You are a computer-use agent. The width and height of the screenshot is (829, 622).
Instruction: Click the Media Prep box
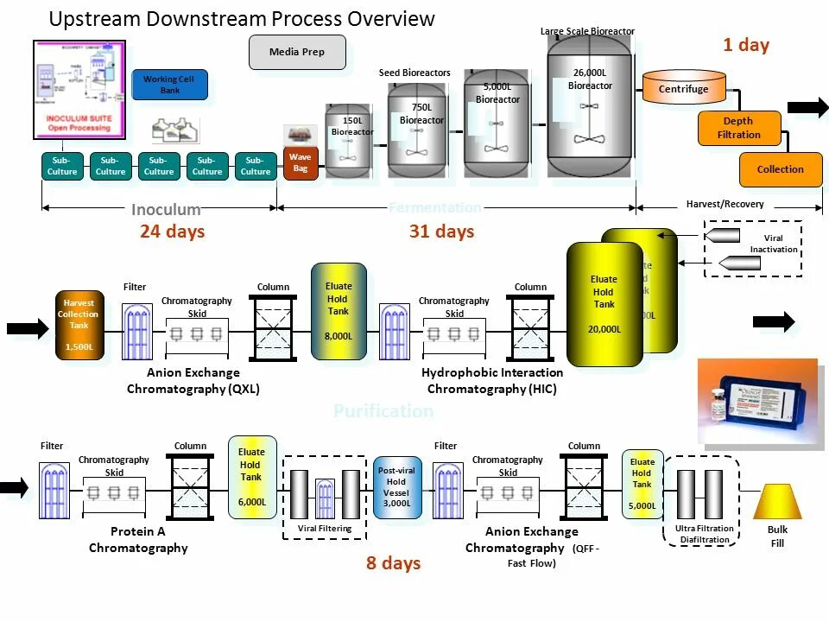[x=297, y=52]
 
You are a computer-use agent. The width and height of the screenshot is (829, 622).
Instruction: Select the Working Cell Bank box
[x=169, y=85]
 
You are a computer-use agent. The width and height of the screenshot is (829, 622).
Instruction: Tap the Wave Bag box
[x=301, y=163]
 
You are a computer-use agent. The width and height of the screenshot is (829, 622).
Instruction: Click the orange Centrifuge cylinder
[x=684, y=89]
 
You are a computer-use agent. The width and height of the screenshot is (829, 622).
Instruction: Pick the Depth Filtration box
[x=738, y=128]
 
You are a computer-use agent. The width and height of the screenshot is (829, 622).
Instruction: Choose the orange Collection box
[x=780, y=169]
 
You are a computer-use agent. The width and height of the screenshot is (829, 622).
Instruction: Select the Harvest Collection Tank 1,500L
[x=79, y=325]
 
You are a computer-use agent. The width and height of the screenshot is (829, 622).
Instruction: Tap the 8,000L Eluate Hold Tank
[x=339, y=311]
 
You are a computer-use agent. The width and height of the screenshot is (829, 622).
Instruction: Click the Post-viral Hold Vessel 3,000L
[x=397, y=487]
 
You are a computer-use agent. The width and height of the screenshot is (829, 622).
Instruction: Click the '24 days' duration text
[x=172, y=232]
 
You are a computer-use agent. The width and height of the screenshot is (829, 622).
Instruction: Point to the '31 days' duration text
[x=441, y=232]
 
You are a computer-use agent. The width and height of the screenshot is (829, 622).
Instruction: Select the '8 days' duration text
[x=393, y=563]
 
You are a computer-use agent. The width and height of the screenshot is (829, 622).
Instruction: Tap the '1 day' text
[x=746, y=45]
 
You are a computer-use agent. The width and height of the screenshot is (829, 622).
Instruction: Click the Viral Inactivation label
[x=773, y=244]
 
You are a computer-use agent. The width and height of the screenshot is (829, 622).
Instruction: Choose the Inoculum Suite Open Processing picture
[x=79, y=89]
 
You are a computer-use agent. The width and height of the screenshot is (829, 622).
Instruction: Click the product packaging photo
[x=756, y=401]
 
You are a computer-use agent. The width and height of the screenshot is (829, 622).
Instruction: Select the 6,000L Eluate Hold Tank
[x=251, y=477]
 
